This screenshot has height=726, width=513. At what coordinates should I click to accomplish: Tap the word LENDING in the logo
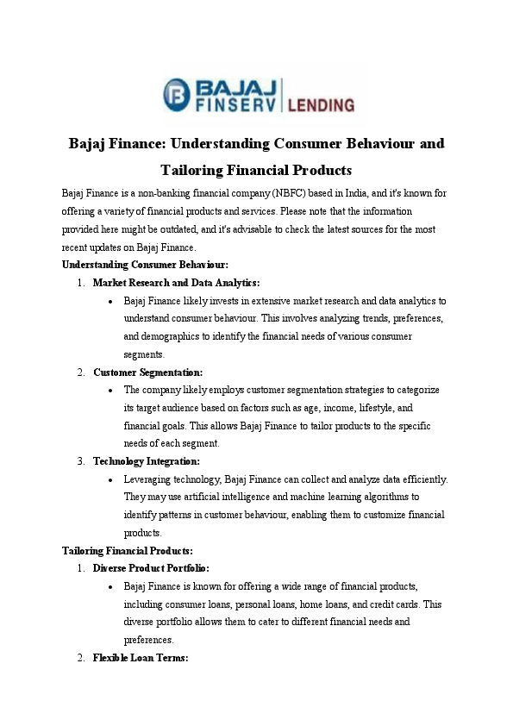coord(320,105)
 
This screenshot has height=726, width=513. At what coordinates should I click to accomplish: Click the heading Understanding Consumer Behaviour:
coord(145,265)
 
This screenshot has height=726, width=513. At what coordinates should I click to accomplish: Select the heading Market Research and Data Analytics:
coord(176,283)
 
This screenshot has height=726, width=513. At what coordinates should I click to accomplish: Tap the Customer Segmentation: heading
coord(147,372)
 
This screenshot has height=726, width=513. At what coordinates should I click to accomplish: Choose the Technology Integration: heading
coord(146,461)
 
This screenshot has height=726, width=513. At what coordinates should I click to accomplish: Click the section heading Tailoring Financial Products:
coord(128,550)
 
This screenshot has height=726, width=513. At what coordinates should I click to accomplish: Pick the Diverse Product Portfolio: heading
coord(151,568)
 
